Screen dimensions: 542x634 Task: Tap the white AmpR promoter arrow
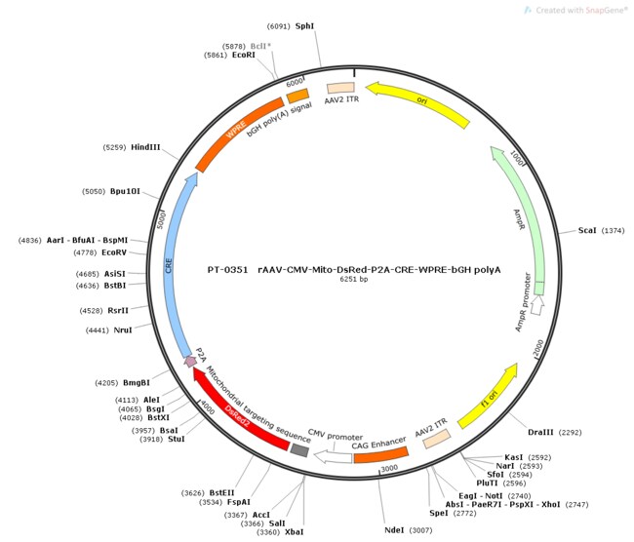[x=536, y=310]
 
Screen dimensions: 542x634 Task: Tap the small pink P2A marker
[x=190, y=361]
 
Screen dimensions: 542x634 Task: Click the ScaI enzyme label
[x=587, y=230]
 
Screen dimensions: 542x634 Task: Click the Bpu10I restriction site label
[x=128, y=191]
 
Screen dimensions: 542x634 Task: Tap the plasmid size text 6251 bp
[x=353, y=280]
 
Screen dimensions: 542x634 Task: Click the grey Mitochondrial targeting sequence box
[x=299, y=449]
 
